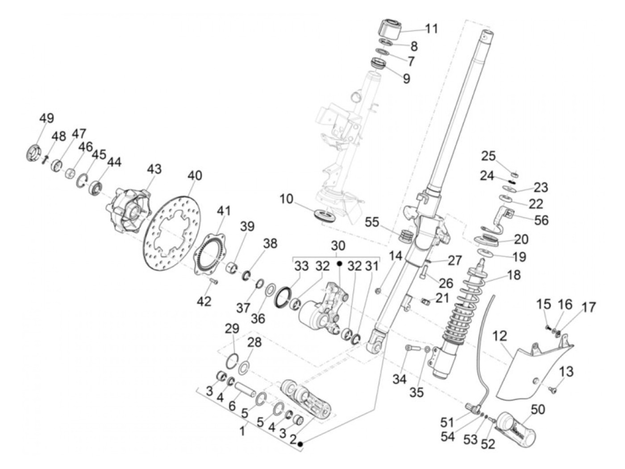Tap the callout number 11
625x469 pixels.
[x=431, y=29]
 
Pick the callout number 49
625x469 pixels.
[x=46, y=119]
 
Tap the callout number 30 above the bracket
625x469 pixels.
[x=338, y=246]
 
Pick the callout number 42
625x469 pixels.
[x=204, y=301]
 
